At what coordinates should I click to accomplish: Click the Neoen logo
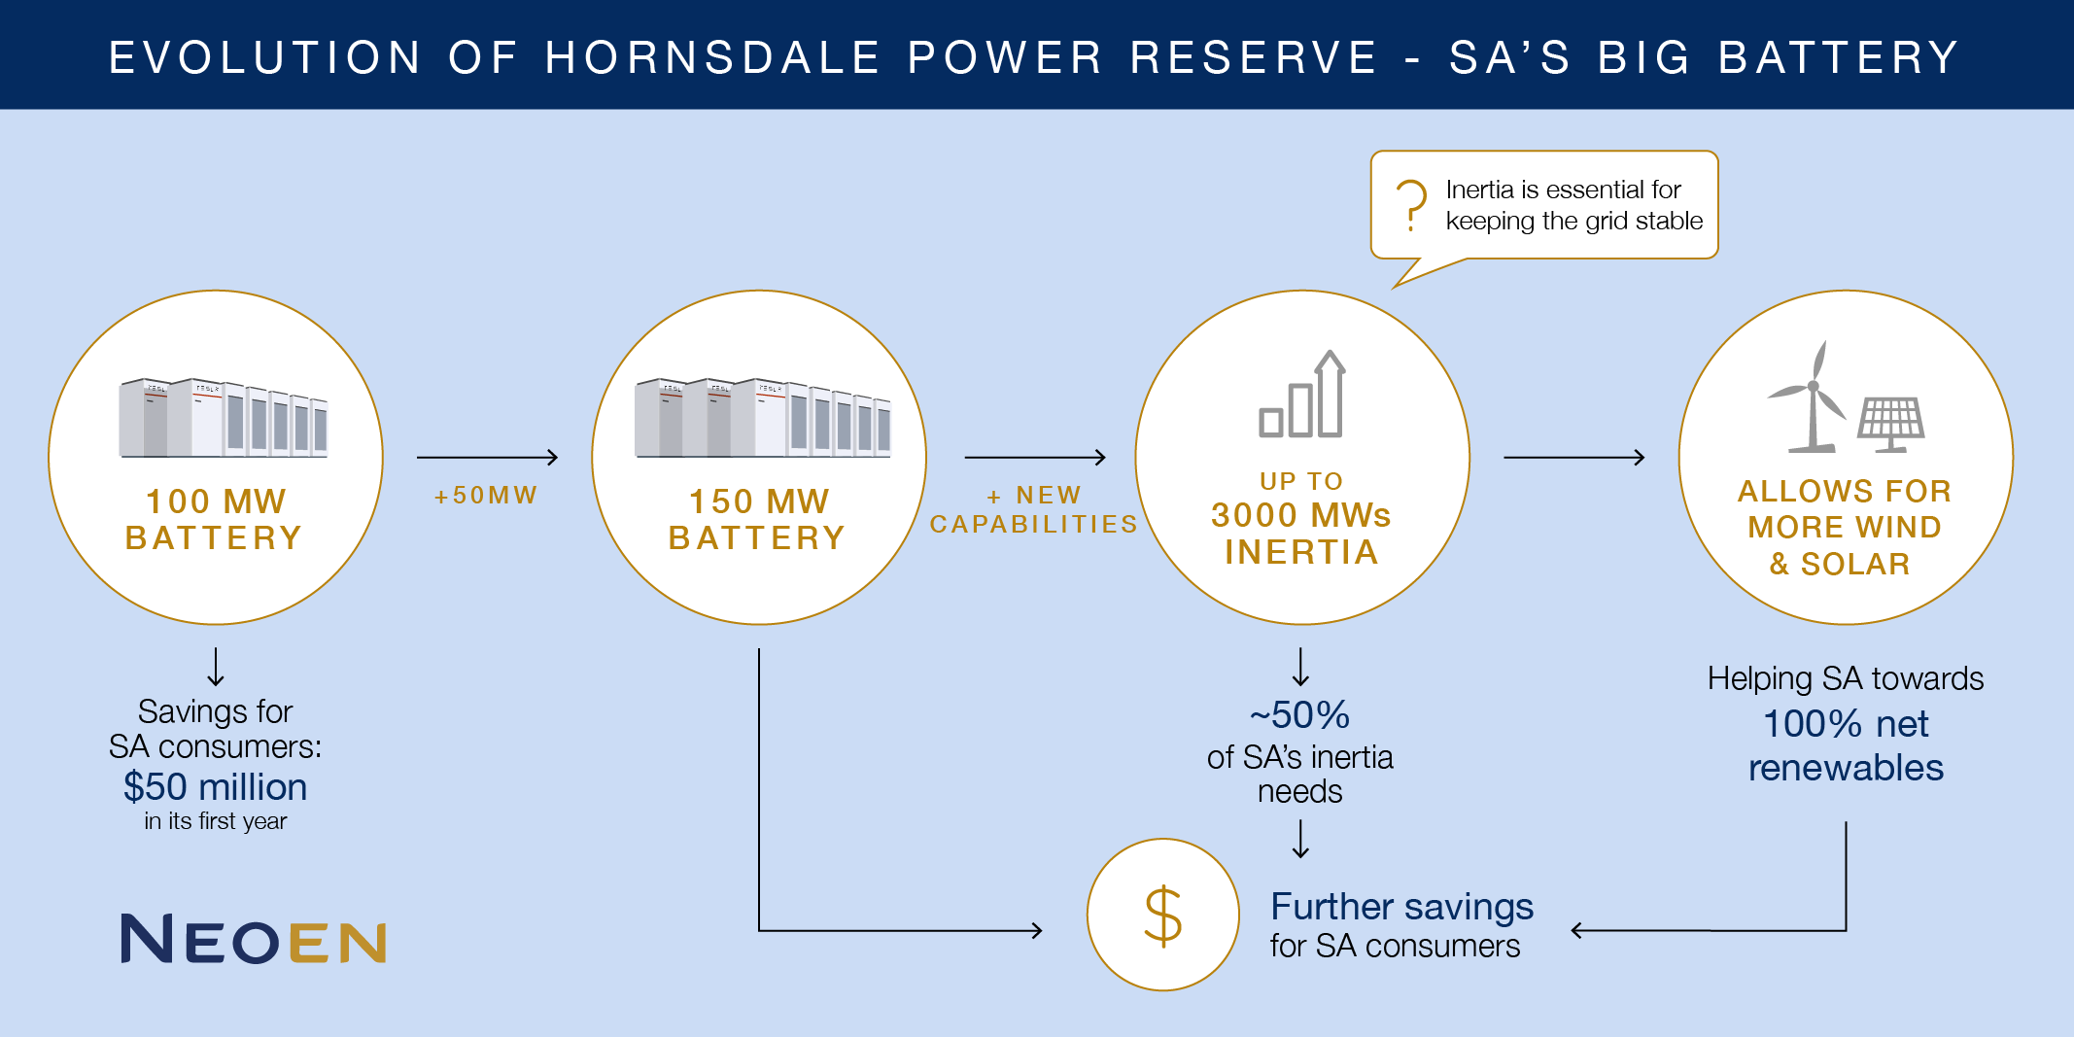pos(254,939)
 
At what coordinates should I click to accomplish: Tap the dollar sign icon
pos(1162,916)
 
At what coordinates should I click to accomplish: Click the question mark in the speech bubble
pos(1411,205)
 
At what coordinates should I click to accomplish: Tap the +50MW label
pos(486,496)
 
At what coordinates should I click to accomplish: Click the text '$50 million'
pos(215,786)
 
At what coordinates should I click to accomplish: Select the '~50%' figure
pos(1300,715)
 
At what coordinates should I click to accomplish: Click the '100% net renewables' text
pos(1846,745)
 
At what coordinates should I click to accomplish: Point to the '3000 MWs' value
pos(1301,515)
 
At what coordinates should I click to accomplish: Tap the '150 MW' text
pos(759,501)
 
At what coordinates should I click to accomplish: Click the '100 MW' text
pos(216,501)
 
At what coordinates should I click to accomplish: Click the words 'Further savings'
pos(1402,907)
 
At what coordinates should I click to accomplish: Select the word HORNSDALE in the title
pos(713,57)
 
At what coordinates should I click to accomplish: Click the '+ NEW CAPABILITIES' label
pos(1034,509)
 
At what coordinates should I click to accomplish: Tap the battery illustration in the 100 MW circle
pos(224,418)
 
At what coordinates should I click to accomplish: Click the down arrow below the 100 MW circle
pos(216,668)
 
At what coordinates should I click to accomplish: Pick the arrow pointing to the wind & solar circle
pos(1574,457)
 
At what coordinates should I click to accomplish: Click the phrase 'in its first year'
pos(216,821)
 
